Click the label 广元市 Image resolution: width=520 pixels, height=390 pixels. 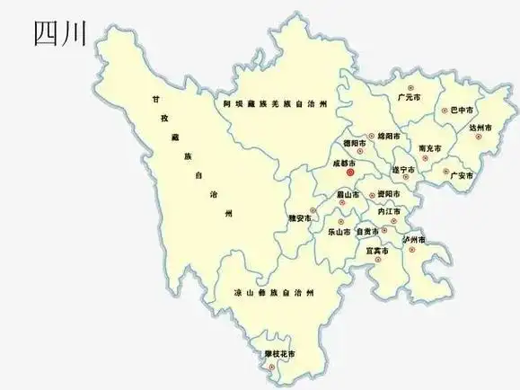pyautogui.click(x=410, y=96)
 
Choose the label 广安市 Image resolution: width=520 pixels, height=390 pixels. pyautogui.click(x=462, y=174)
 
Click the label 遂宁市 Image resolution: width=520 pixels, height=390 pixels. pyautogui.click(x=402, y=170)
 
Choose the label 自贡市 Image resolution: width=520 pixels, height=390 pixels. pyautogui.click(x=368, y=231)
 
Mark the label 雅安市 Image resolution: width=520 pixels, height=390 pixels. pyautogui.click(x=300, y=218)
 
